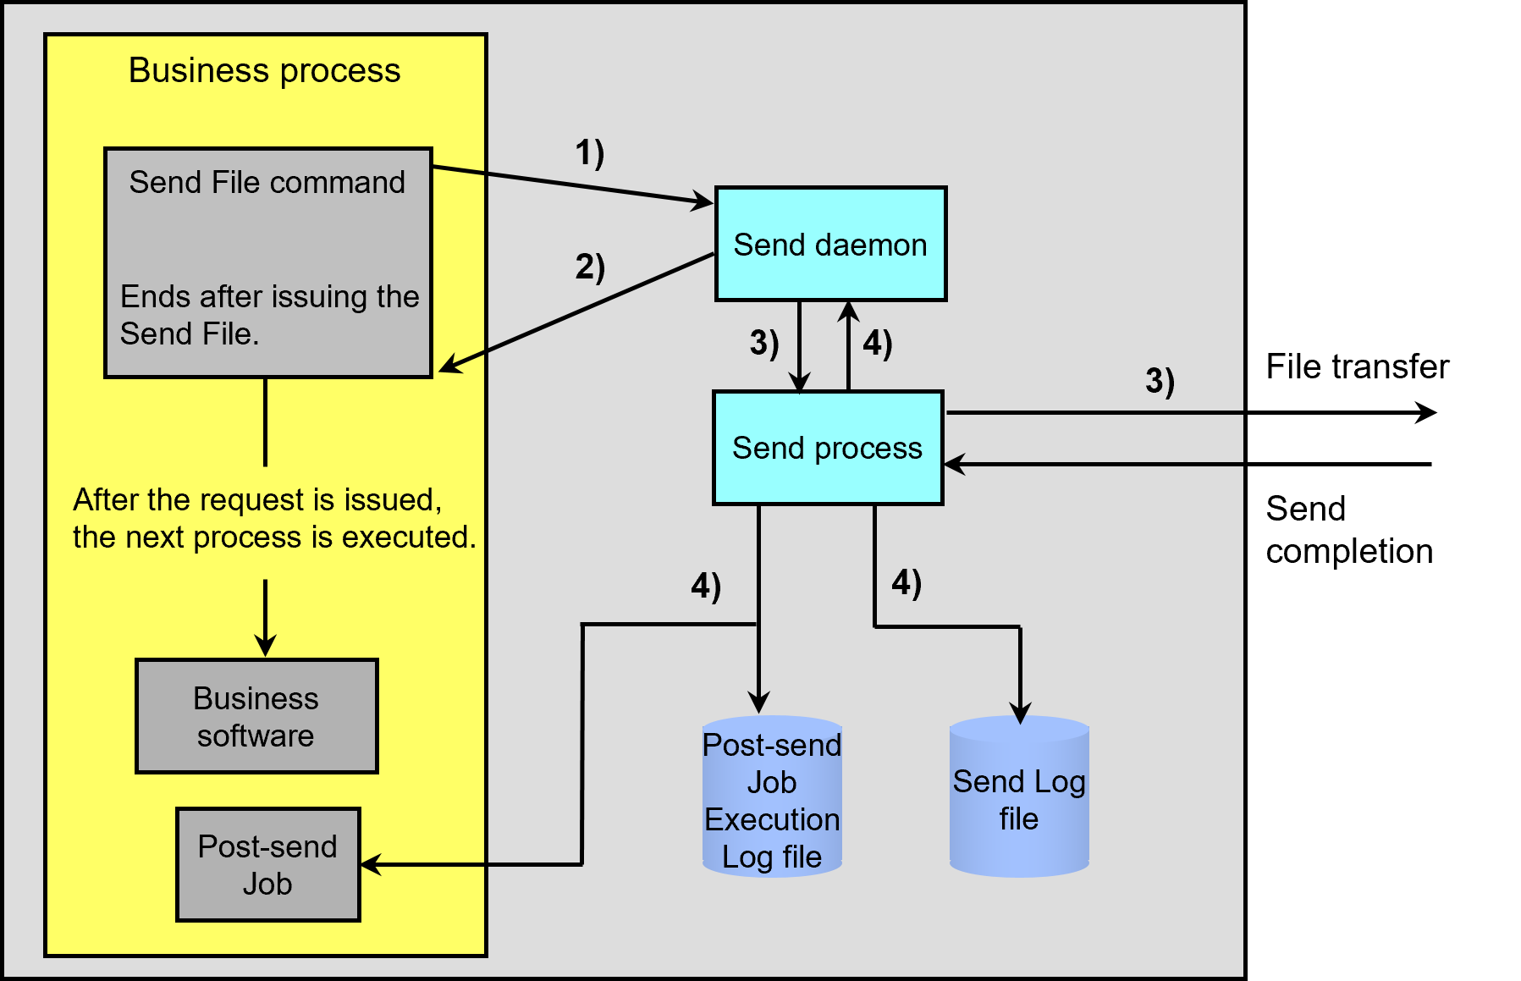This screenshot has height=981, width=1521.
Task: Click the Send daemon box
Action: click(830, 244)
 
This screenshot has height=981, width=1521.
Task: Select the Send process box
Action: click(827, 448)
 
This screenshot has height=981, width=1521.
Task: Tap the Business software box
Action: click(256, 716)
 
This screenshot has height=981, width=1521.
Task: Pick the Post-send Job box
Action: click(267, 864)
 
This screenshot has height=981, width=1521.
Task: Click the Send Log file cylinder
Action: click(1019, 800)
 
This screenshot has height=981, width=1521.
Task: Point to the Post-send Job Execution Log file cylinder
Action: click(772, 800)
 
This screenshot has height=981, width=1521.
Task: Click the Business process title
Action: click(264, 70)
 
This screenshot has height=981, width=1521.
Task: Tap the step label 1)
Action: click(589, 153)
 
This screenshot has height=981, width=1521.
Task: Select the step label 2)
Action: click(590, 267)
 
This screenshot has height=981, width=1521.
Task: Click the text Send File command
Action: click(267, 182)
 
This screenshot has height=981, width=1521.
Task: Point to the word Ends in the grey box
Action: click(154, 296)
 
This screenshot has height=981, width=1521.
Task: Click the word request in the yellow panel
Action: click(257, 499)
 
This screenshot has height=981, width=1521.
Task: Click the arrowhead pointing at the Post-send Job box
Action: click(370, 864)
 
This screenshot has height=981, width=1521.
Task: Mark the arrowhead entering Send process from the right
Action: click(953, 464)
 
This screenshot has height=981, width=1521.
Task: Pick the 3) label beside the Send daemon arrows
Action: click(763, 343)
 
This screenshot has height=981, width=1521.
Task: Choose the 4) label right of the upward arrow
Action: click(878, 344)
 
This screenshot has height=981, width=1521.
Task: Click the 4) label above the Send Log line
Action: click(906, 582)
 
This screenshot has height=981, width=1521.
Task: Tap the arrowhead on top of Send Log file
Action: click(1020, 714)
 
